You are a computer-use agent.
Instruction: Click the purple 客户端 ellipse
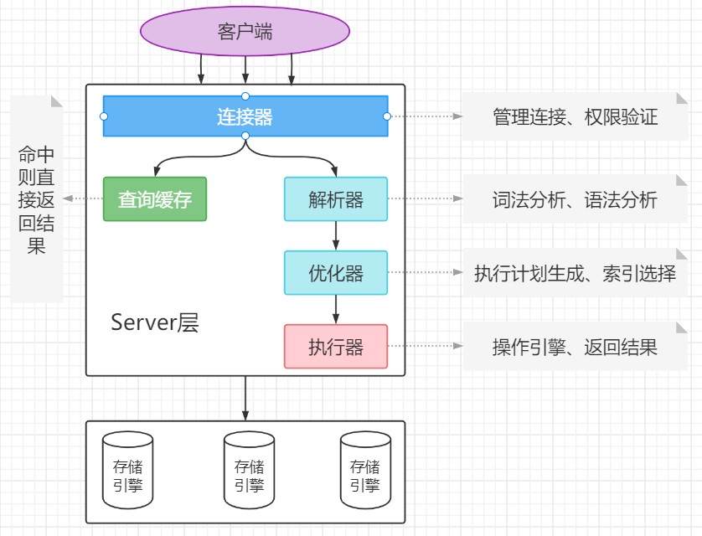[245, 32]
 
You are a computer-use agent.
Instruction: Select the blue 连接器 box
[245, 116]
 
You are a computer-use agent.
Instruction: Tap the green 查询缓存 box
[155, 199]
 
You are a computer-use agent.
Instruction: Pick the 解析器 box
[336, 199]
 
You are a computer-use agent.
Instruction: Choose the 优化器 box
[336, 273]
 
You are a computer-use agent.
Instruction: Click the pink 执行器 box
[336, 347]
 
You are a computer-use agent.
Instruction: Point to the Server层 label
[155, 323]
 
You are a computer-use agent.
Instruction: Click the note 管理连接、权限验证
[575, 116]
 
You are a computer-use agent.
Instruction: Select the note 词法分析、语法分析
[575, 199]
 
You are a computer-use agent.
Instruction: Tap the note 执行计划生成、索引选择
[575, 273]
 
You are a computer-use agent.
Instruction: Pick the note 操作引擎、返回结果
[575, 347]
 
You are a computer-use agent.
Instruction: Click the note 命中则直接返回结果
[38, 199]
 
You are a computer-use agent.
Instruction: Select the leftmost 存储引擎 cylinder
[128, 470]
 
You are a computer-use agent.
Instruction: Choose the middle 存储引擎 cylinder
[249, 470]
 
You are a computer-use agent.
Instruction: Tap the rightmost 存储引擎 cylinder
[364, 470]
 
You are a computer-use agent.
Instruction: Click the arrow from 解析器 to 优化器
[336, 236]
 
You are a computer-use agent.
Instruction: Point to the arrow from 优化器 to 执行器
[336, 310]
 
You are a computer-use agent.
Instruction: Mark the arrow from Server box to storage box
[245, 399]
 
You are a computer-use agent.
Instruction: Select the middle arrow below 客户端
[245, 67]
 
